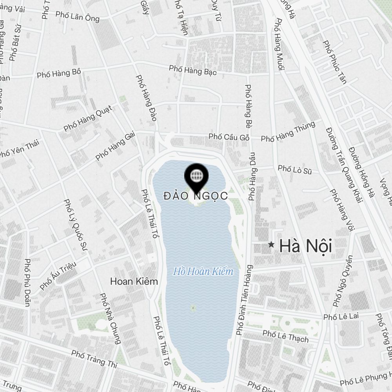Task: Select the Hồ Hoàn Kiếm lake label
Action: pos(203,271)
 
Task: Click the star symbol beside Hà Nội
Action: pos(271,245)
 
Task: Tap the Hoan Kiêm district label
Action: pos(134,281)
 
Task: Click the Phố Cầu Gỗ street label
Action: pos(229,137)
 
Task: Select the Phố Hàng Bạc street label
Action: pos(193,70)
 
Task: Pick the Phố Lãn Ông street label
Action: pos(78,16)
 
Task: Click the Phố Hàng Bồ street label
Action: pos(59,73)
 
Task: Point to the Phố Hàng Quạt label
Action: pos(87,118)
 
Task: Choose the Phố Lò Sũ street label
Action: pos(294,169)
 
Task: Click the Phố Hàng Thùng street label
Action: pos(288,132)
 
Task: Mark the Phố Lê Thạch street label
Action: pos(285,336)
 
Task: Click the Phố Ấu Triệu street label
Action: pos(58,277)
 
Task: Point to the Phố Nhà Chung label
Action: pos(110,318)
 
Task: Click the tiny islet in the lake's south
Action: pos(192,308)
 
